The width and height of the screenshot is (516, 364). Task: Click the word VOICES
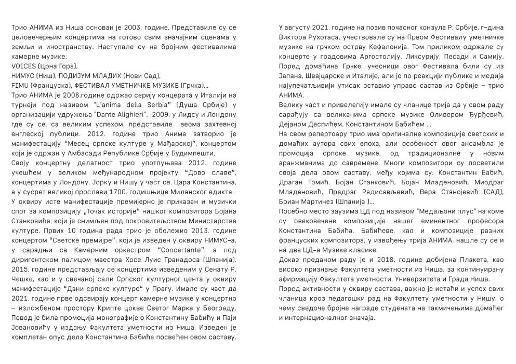point(22,66)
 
